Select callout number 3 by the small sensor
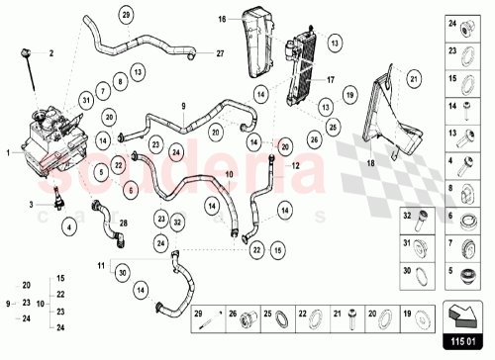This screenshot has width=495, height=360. [31, 204]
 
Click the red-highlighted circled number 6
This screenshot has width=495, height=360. [131, 185]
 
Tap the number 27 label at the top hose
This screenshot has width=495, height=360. [221, 53]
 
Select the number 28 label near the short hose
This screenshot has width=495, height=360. [123, 224]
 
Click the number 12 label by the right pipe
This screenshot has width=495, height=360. [294, 165]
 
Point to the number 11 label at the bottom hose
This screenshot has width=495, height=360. [101, 265]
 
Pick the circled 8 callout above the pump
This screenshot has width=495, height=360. [118, 79]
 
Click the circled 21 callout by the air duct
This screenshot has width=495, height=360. [414, 78]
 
